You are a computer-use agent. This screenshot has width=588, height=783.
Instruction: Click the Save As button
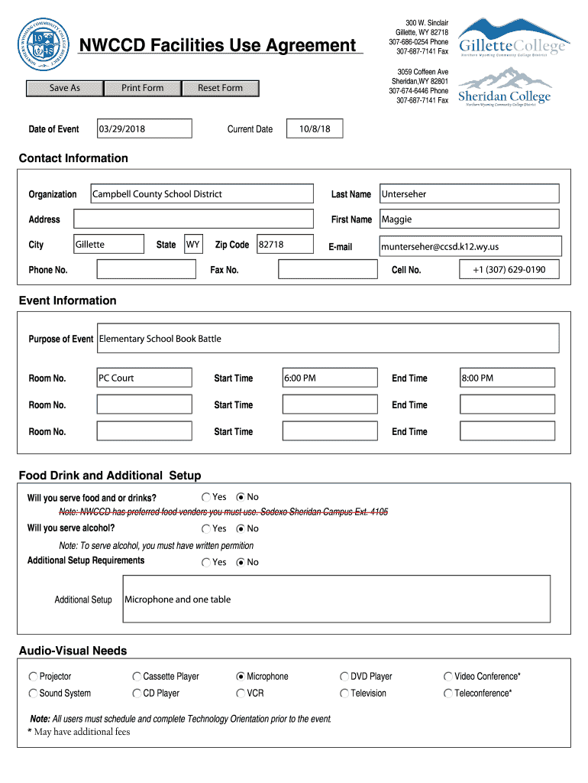[64, 88]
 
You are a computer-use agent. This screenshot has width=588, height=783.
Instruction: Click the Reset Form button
[220, 88]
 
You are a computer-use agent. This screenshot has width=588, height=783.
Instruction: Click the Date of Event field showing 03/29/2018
[144, 129]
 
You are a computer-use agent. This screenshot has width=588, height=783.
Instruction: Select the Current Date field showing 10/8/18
[315, 129]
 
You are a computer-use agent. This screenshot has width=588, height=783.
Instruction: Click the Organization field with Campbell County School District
[202, 194]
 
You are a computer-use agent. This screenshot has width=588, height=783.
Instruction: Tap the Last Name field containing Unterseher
[469, 194]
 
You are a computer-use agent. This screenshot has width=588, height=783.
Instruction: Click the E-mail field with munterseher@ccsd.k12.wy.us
[470, 246]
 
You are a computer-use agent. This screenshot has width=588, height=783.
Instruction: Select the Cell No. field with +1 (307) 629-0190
[509, 269]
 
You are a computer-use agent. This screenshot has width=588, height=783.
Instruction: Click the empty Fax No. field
[328, 269]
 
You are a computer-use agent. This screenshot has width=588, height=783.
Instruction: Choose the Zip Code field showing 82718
[285, 245]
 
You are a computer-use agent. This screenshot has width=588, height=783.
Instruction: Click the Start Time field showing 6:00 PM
[330, 378]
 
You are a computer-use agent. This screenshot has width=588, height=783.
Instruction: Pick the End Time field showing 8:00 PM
[507, 378]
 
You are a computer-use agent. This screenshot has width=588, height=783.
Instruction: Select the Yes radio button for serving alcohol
[206, 529]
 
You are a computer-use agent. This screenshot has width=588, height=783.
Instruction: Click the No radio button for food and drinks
[241, 498]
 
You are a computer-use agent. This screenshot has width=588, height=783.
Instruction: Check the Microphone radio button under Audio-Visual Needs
[241, 677]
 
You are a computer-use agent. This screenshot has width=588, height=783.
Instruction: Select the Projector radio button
[33, 677]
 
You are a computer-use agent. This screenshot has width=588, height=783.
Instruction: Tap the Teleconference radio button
[447, 694]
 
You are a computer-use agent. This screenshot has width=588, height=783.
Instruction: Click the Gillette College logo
[513, 37]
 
